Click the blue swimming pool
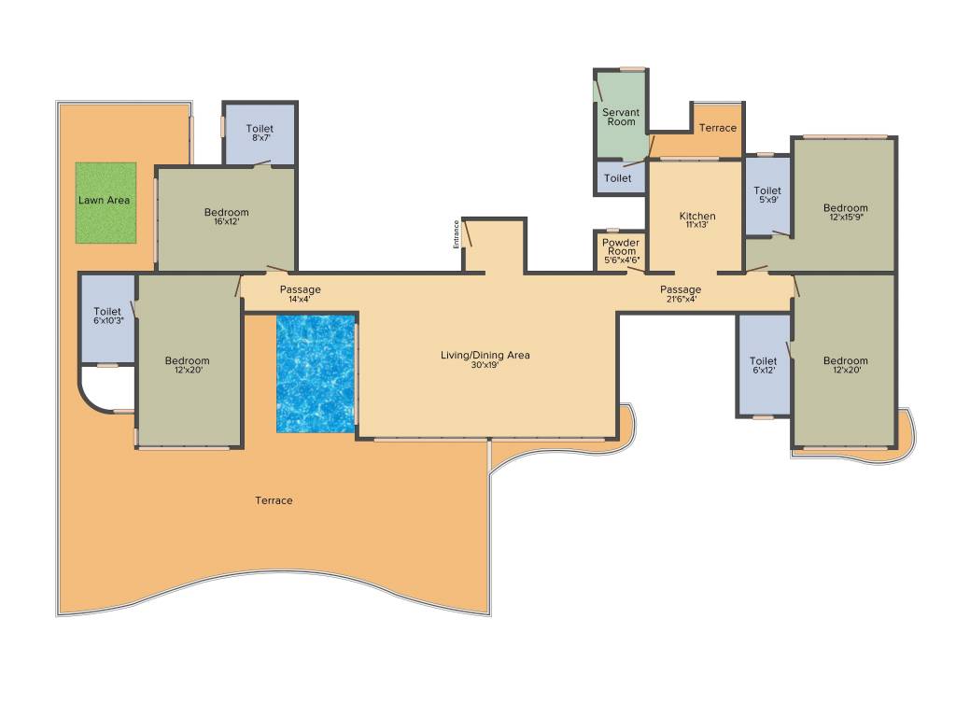pyautogui.click(x=316, y=373)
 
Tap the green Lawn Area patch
pyautogui.click(x=105, y=203)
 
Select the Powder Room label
pyautogui.click(x=621, y=247)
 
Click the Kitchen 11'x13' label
pyautogui.click(x=697, y=220)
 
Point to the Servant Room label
pyautogui.click(x=621, y=117)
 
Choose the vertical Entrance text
pyautogui.click(x=457, y=233)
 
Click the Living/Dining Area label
pyautogui.click(x=485, y=355)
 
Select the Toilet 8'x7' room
pyautogui.click(x=260, y=133)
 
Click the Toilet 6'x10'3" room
pyautogui.click(x=107, y=317)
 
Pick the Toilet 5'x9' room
pyautogui.click(x=767, y=196)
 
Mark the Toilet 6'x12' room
pyautogui.click(x=764, y=366)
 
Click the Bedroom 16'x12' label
pyautogui.click(x=227, y=218)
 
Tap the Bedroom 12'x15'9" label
pyautogui.click(x=845, y=213)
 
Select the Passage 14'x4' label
pyautogui.click(x=301, y=294)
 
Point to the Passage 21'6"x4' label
pyautogui.click(x=680, y=294)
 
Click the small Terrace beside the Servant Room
pyautogui.click(x=718, y=128)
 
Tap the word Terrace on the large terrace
pyautogui.click(x=274, y=500)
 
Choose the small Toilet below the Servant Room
pyautogui.click(x=618, y=177)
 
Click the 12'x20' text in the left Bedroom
pyautogui.click(x=188, y=371)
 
